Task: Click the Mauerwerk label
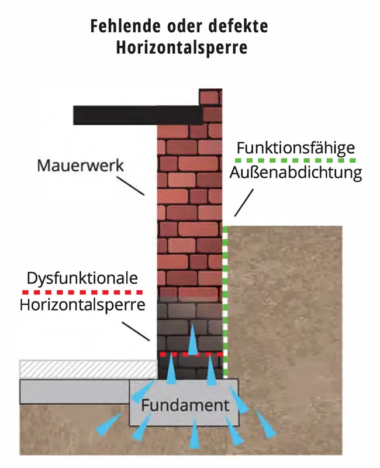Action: click(x=80, y=165)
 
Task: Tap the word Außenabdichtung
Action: click(x=295, y=173)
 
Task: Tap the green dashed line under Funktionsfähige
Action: click(x=295, y=160)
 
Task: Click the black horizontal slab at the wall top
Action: click(x=137, y=115)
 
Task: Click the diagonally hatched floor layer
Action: click(x=88, y=369)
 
